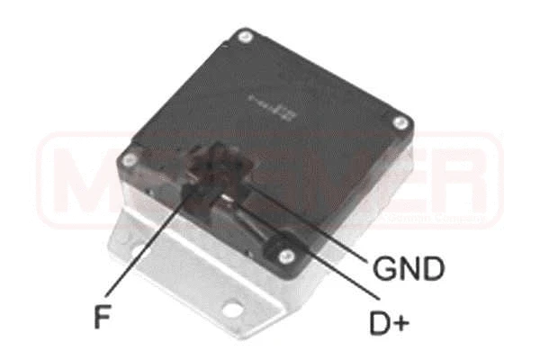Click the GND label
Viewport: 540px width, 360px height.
click(408, 267)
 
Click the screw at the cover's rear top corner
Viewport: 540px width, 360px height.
click(243, 37)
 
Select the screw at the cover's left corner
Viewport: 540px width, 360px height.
click(131, 161)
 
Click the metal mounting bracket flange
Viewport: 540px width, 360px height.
click(171, 270)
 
